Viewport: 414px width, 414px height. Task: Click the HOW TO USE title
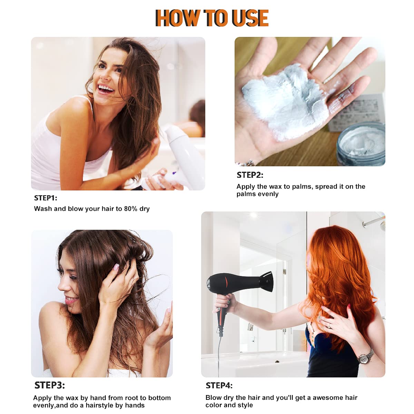click(x=212, y=18)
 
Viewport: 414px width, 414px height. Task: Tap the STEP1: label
click(x=46, y=198)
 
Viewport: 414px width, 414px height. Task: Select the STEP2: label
click(x=250, y=175)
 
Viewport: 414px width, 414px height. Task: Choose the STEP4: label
click(x=219, y=386)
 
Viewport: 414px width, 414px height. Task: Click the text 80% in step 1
click(x=131, y=209)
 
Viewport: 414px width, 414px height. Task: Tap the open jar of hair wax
click(x=361, y=144)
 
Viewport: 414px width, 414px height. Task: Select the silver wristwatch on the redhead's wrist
click(x=365, y=358)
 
